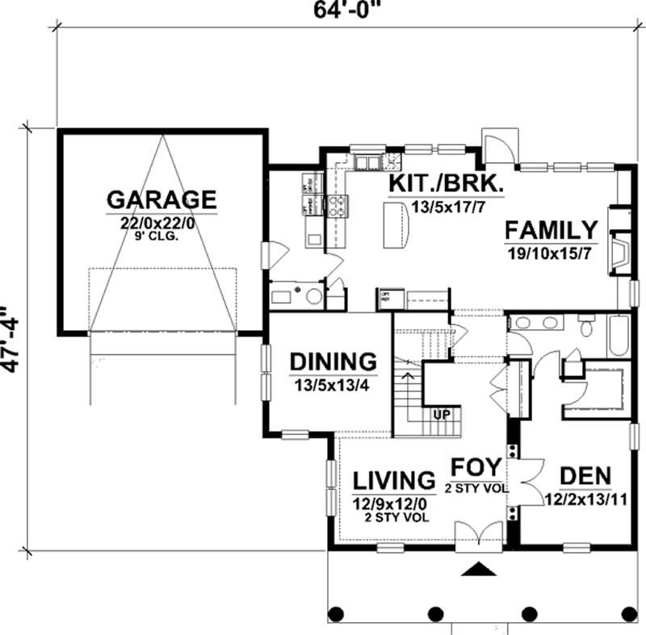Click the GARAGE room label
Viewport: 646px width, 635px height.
pyautogui.click(x=161, y=198)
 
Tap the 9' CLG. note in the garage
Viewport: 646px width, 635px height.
pyautogui.click(x=161, y=237)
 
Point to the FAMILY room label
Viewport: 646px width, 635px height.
pyautogui.click(x=552, y=230)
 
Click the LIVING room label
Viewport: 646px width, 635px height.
pyautogui.click(x=395, y=480)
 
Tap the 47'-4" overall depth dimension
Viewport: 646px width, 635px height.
pyautogui.click(x=10, y=339)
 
